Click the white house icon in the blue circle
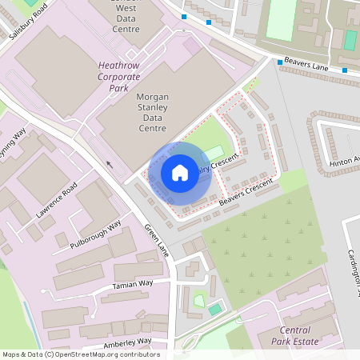180,173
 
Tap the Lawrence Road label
56,200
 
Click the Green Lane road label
157,241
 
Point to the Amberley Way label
127,343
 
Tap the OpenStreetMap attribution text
80,354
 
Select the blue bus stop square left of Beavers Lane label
280,62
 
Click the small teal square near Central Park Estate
214,309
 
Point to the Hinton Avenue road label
344,162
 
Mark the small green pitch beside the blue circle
214,152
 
